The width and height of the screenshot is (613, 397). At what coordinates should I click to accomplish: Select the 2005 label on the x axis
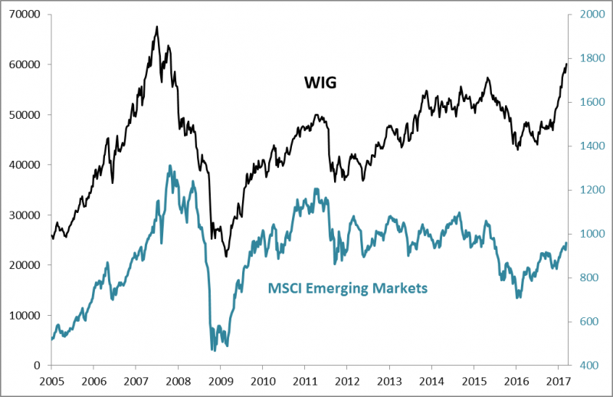click(51, 380)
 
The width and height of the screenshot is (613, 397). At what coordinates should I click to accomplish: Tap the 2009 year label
click(221, 380)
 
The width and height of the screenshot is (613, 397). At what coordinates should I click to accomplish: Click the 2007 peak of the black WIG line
click(156, 26)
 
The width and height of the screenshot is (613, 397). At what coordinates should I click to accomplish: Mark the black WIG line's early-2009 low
click(226, 256)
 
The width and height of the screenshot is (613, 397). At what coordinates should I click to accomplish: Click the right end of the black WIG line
click(567, 64)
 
